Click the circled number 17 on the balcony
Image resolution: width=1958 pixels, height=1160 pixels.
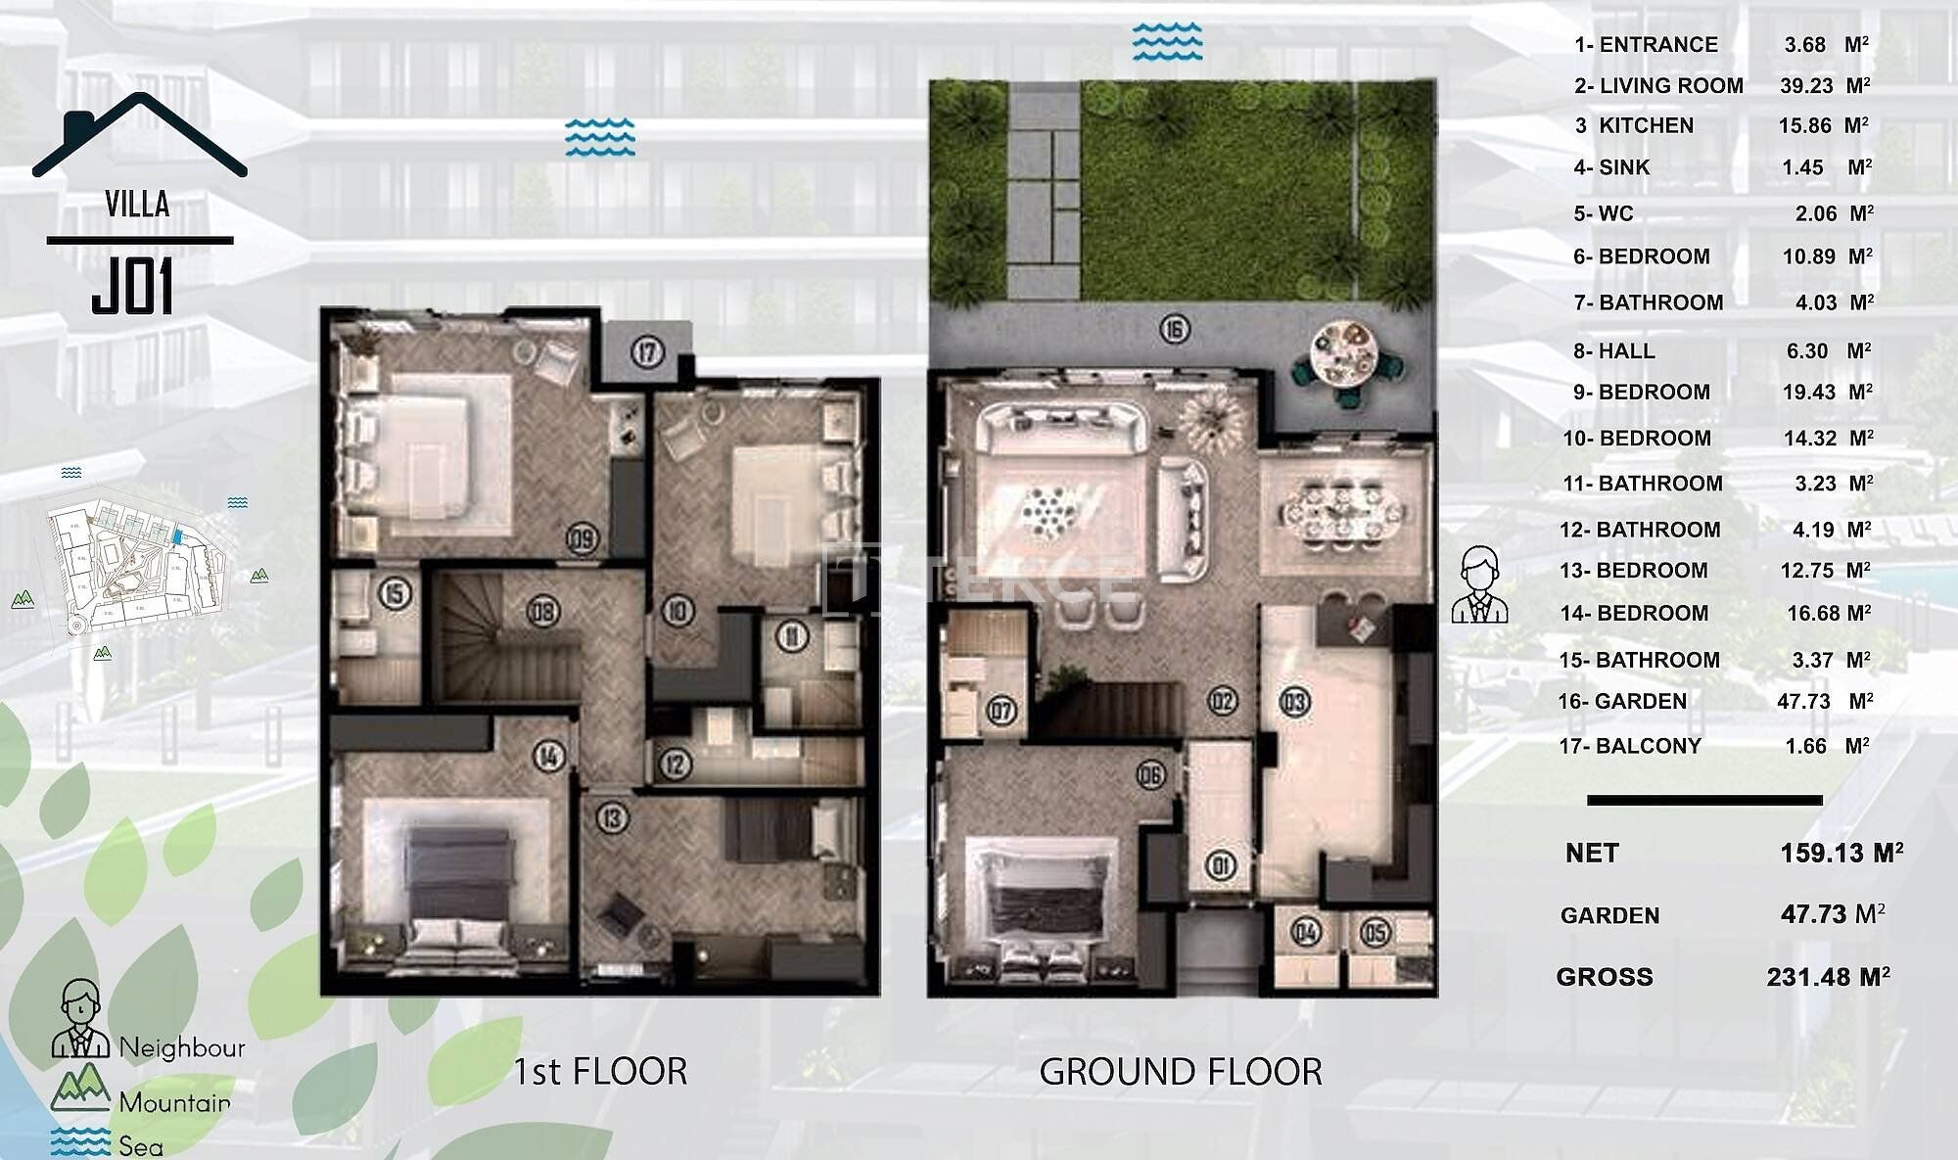pos(647,351)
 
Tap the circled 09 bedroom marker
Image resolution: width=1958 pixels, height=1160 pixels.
pos(583,538)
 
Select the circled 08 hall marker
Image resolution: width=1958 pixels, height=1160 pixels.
pos(542,612)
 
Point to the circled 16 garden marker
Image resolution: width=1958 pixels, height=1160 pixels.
pos(1175,330)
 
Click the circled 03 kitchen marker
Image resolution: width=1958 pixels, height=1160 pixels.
pos(1294,701)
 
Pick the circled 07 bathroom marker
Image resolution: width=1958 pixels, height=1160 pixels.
pos(1001,710)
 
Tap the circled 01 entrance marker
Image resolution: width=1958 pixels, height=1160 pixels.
pos(1221,865)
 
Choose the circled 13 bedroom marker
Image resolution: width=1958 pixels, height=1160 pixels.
pos(613,817)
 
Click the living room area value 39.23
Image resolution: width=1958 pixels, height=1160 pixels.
pos(1806,86)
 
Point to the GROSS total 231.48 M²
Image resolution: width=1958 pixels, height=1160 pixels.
pos(1828,977)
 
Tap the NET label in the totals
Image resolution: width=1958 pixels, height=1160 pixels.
pos(1592,854)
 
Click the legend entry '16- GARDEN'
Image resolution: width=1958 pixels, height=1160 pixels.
pos(1622,701)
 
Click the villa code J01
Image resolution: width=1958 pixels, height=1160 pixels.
pos(133,287)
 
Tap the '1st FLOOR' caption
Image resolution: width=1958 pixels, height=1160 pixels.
pos(600,1072)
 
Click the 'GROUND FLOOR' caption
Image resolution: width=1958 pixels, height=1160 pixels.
pos(1181,1072)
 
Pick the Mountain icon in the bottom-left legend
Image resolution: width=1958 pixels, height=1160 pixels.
pos(80,1088)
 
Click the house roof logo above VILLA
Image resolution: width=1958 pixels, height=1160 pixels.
pos(140,135)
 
